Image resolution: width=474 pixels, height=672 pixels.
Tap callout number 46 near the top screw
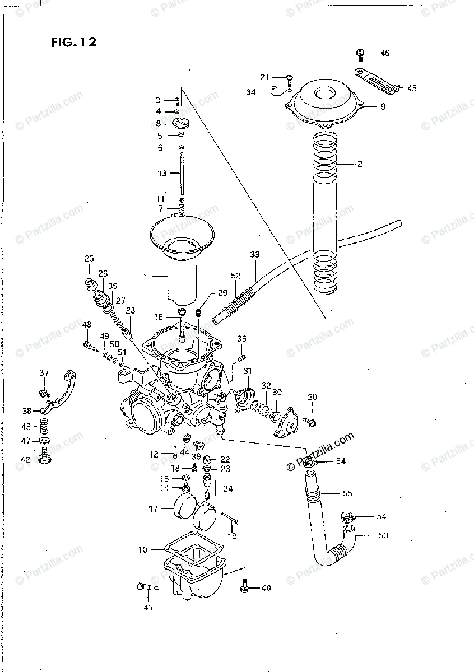click(x=384, y=54)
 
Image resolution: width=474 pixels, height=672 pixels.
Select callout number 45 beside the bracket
click(x=412, y=88)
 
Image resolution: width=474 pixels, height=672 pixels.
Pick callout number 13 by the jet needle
click(x=162, y=174)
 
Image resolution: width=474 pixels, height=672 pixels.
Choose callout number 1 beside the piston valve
click(x=146, y=276)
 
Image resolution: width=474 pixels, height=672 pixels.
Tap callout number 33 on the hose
click(x=255, y=255)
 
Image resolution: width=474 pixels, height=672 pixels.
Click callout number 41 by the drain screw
click(x=148, y=608)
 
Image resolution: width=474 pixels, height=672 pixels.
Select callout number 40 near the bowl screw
click(x=266, y=588)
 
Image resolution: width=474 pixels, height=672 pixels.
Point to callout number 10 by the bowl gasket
click(x=142, y=550)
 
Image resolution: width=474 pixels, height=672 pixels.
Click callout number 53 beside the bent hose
click(x=383, y=535)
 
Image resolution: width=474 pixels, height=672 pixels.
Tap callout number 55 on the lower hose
click(x=347, y=494)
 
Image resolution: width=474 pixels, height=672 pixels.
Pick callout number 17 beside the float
click(x=153, y=509)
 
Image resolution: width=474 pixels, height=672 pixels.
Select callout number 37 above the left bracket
click(x=44, y=373)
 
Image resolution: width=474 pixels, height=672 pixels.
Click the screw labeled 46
click(x=360, y=54)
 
